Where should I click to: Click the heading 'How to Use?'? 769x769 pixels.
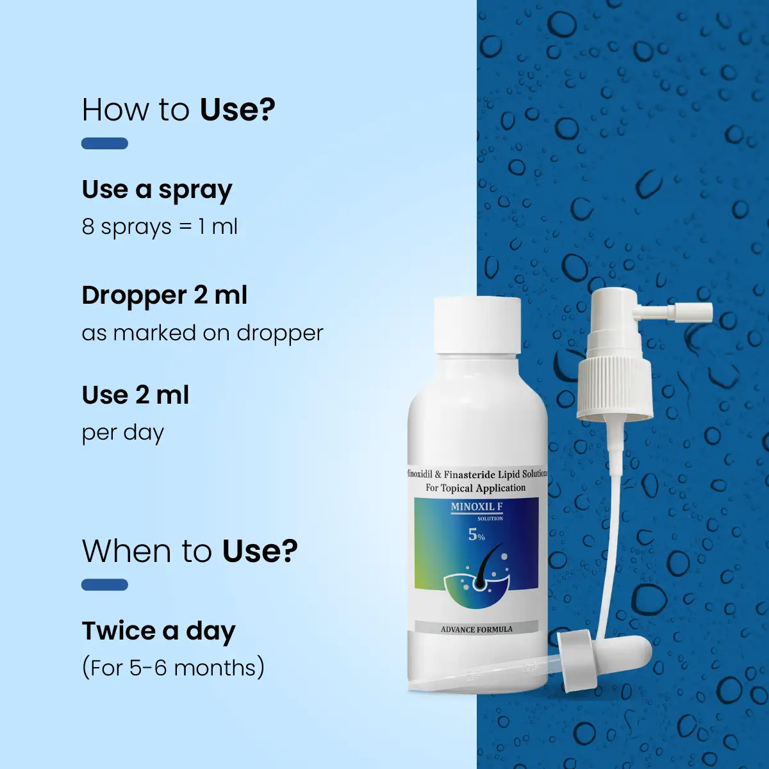point(178,110)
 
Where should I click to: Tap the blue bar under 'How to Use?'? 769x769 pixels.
point(104,144)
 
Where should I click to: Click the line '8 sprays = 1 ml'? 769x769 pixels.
point(160,227)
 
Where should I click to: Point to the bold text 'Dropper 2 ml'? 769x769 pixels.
point(165,296)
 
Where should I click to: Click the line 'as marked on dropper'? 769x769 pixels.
point(203,333)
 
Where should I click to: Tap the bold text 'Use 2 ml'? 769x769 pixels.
point(135,395)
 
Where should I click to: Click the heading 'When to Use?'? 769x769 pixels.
point(190,551)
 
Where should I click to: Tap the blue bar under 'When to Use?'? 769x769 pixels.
point(104,584)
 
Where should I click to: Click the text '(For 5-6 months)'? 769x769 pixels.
point(173,668)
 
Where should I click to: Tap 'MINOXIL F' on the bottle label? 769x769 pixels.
point(477,507)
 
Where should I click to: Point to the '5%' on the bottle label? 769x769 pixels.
point(477,535)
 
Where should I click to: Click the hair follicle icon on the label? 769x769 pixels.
point(477,581)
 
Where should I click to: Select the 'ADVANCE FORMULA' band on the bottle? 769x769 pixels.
point(477,629)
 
